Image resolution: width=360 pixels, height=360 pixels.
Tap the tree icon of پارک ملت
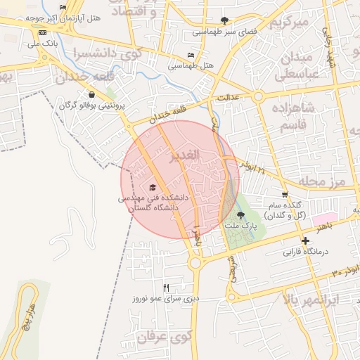241,216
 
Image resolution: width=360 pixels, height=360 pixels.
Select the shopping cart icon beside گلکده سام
285,195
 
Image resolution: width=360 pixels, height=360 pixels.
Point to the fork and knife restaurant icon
166,287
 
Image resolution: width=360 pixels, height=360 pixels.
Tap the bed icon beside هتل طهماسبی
191,56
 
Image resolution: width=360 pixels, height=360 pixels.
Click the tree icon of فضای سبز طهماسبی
224,20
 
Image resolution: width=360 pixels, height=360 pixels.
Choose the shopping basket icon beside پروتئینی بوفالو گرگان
91,94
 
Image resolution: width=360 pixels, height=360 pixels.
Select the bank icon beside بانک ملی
43,33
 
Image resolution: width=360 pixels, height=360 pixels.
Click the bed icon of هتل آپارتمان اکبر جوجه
63,8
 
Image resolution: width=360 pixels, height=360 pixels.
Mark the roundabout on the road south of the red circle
195,263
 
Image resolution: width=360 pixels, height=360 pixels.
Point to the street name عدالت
230,96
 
